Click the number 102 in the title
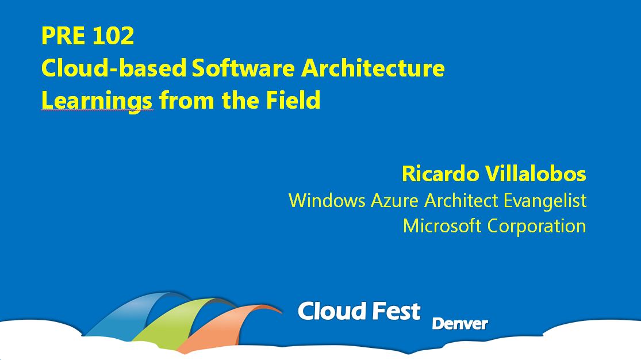[x=113, y=36]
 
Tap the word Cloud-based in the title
[x=114, y=67]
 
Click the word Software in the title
[x=243, y=67]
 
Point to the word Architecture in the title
[x=373, y=67]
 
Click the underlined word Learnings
[x=97, y=101]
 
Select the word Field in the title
[x=293, y=100]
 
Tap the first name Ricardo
[x=440, y=174]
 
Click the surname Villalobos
[x=536, y=174]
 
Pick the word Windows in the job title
[x=327, y=201]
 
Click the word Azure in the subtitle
[x=394, y=201]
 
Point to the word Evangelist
[x=545, y=201]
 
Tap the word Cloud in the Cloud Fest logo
[x=326, y=311]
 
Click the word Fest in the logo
[x=390, y=311]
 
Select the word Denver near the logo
[x=460, y=324]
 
